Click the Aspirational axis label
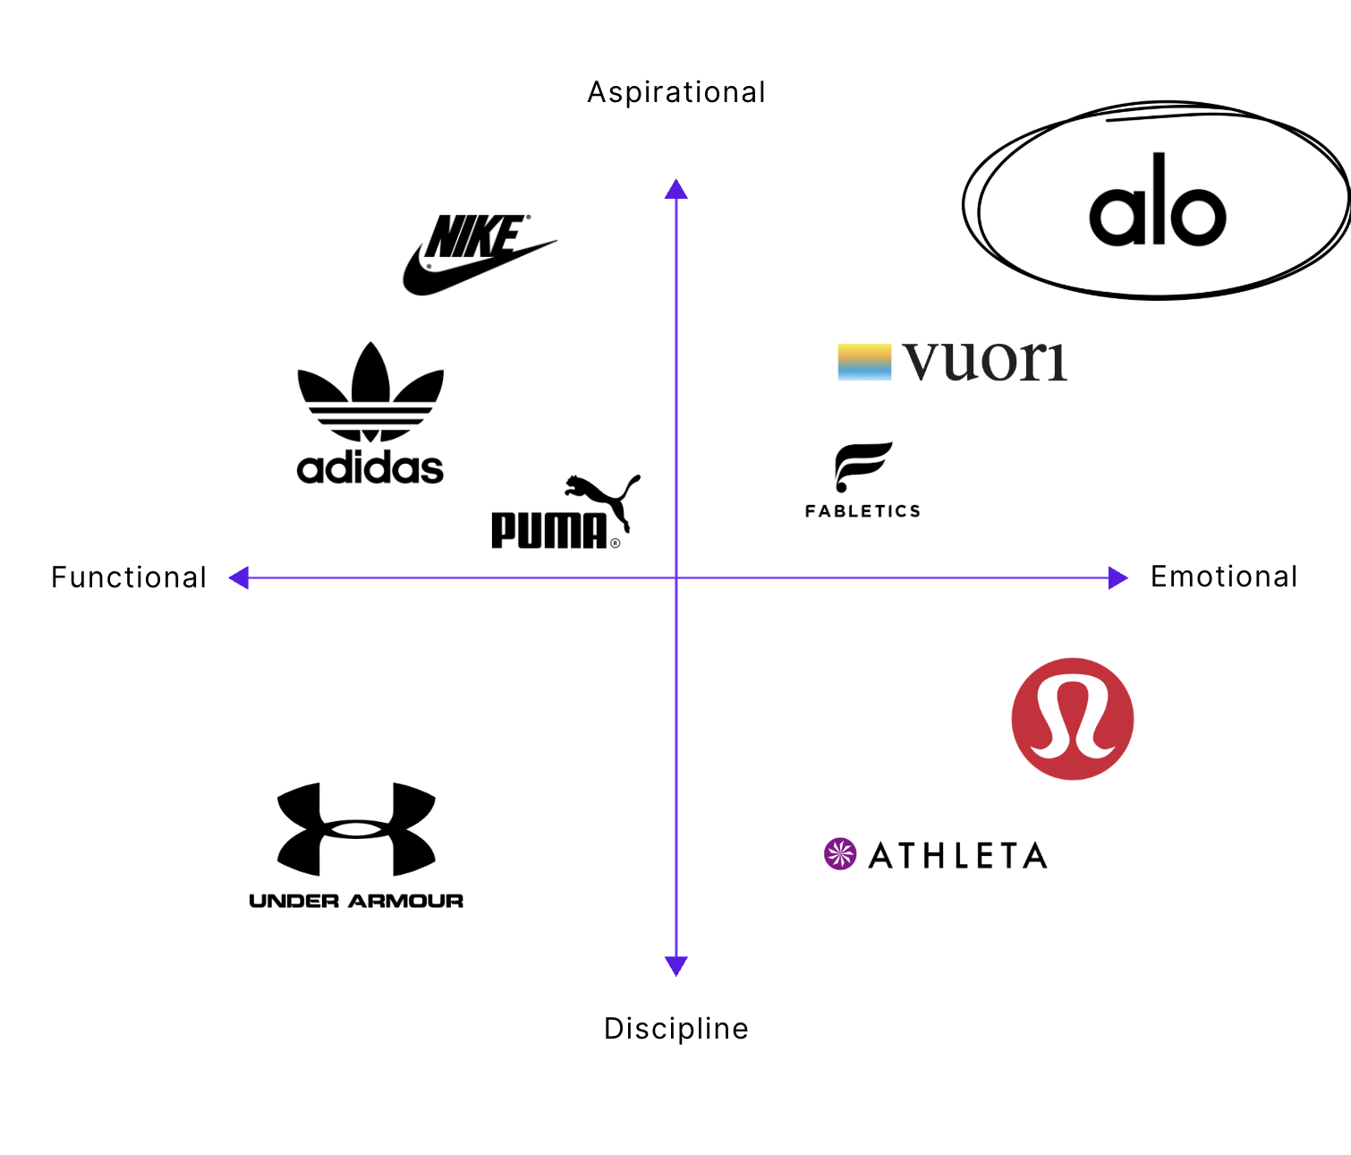(676, 92)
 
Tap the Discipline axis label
(676, 1029)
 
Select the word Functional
(129, 577)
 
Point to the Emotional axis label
(1223, 577)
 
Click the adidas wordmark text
(370, 467)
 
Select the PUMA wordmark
(548, 529)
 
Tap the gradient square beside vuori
(864, 362)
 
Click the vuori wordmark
(984, 362)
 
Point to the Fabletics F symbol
(862, 466)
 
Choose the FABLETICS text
(862, 511)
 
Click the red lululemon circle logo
(1072, 719)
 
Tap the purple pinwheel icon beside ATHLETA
(840, 854)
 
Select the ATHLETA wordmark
(958, 856)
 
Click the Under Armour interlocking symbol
(356, 829)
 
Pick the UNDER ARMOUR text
(356, 901)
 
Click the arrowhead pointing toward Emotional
(1117, 577)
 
